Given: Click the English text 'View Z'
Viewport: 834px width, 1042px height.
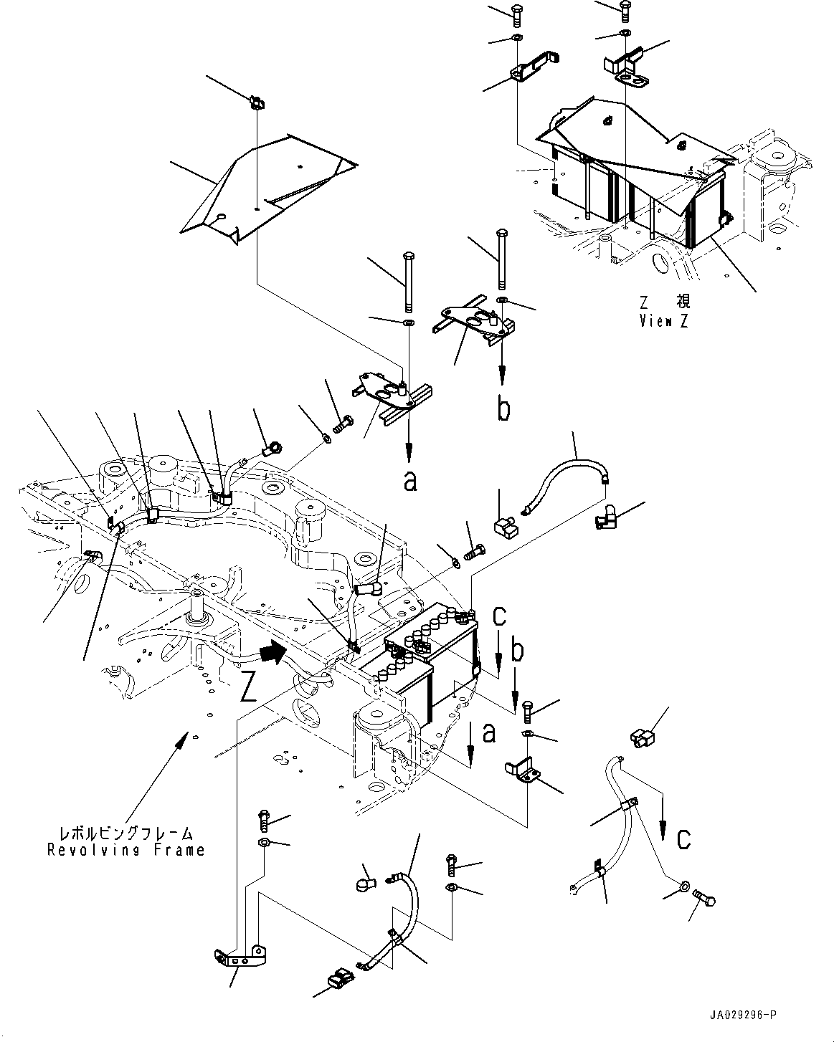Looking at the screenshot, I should click(x=663, y=321).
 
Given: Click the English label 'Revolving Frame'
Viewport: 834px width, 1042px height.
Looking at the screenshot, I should click(x=126, y=850).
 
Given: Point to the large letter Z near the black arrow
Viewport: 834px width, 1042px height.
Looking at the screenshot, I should click(x=249, y=687).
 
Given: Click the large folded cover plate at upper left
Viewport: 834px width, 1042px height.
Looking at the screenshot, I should click(x=265, y=186).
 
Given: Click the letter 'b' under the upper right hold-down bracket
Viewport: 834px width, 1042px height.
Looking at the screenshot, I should click(x=504, y=409).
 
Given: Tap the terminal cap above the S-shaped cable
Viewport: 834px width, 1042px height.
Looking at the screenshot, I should click(x=639, y=737).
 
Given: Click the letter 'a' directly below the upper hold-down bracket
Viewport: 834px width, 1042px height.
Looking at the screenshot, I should click(x=409, y=482).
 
